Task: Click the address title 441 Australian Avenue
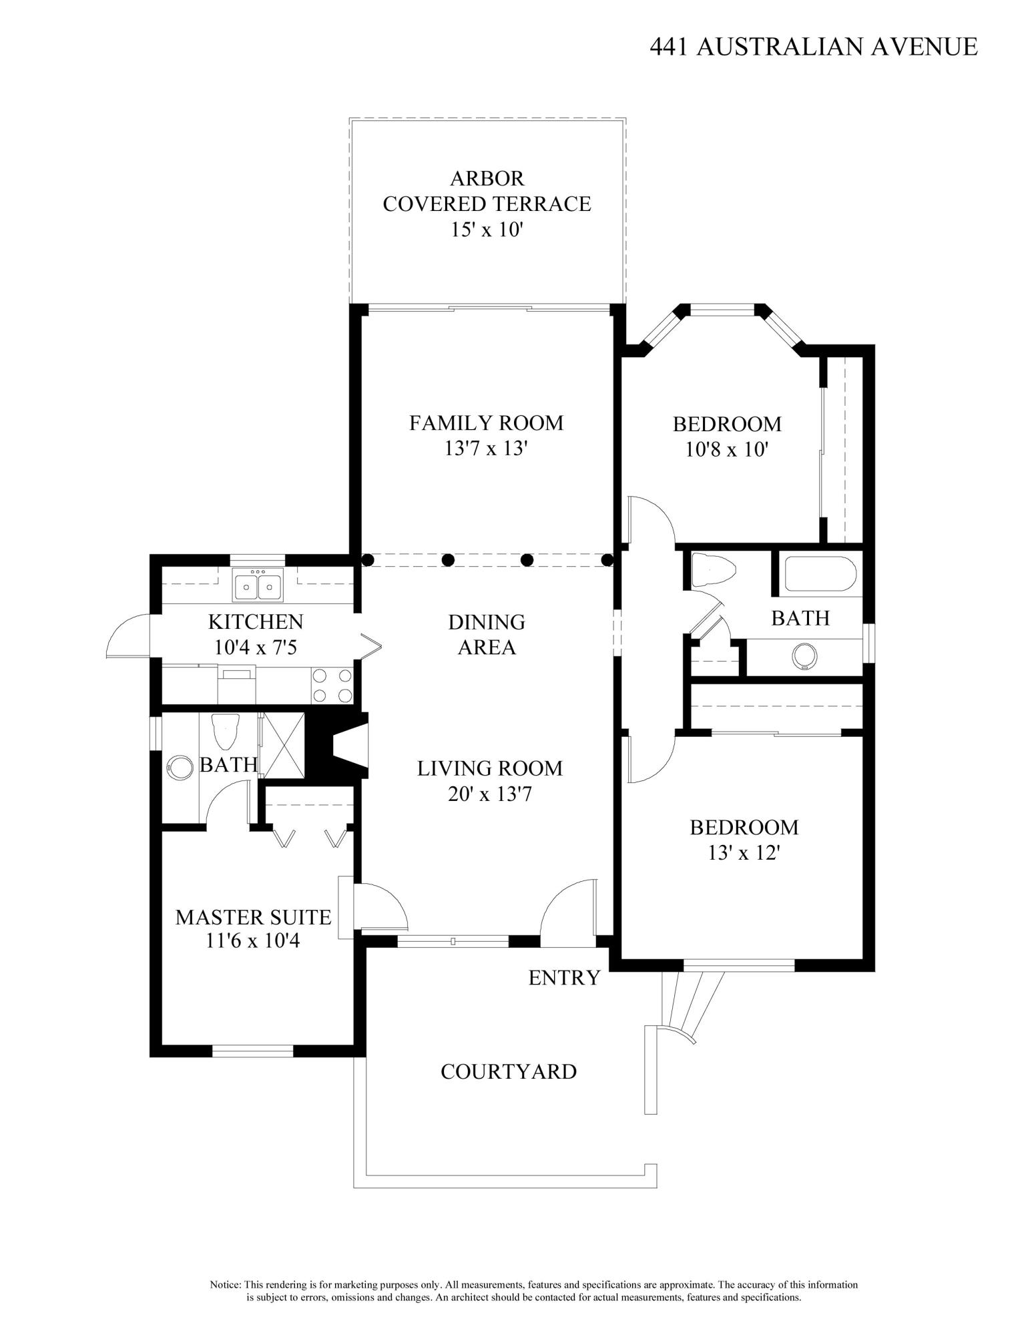(814, 47)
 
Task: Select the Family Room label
(486, 423)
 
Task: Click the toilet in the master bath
(225, 732)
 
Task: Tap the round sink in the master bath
(178, 767)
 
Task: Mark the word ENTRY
(564, 978)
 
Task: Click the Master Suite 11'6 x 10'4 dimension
(253, 941)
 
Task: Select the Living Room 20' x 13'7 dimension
(490, 794)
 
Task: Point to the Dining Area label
(487, 635)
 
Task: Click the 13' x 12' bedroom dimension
(744, 852)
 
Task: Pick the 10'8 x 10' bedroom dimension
(727, 449)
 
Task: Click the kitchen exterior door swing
(128, 637)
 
